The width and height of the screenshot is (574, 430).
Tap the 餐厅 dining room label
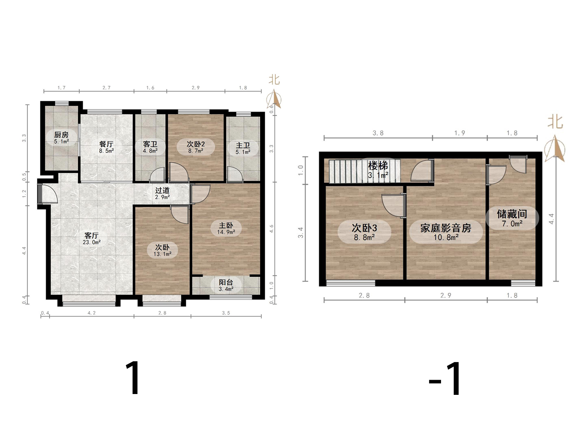point(106,144)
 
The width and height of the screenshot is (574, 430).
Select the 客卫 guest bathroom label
point(150,144)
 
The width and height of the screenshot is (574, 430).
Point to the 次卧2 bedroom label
point(196,144)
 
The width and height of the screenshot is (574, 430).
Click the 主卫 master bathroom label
point(243,146)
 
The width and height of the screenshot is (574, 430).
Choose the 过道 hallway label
point(162,190)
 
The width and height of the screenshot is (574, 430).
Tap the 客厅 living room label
point(92,236)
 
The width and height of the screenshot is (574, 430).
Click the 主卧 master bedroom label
point(226,226)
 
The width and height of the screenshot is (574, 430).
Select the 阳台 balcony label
point(226,282)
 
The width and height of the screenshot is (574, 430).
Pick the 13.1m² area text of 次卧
point(162,254)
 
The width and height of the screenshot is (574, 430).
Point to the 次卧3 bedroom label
point(364,228)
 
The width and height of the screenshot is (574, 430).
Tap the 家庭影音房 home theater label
point(446,228)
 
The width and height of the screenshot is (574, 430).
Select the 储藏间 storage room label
point(512,214)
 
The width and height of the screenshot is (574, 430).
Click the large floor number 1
point(133,378)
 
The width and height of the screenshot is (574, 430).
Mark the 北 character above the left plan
point(274,80)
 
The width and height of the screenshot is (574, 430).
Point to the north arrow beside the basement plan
point(555,149)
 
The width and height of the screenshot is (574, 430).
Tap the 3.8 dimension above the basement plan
point(378,133)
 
